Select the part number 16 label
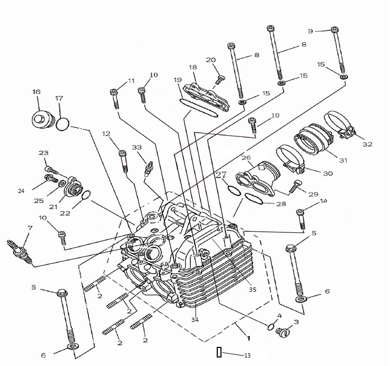tap(37, 92)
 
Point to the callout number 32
tap(368, 144)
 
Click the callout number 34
tap(194, 319)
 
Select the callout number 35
tap(252, 290)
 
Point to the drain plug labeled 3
tap(283, 333)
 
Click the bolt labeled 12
tap(124, 161)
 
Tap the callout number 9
tap(311, 31)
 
